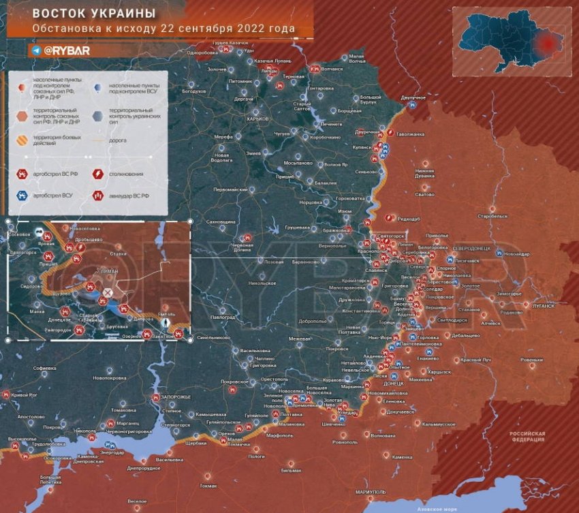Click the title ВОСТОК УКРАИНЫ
(94, 14)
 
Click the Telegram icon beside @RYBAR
(35, 50)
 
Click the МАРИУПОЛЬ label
(371, 491)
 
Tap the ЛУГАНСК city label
(543, 306)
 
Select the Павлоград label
(222, 317)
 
